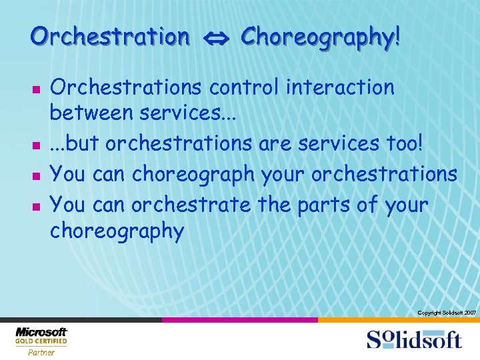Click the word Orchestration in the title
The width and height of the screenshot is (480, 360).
[109, 37]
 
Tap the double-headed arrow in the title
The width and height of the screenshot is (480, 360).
[215, 38]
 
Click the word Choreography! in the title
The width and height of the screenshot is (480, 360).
[321, 37]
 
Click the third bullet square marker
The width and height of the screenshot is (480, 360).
[37, 175]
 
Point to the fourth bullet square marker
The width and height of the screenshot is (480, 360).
[37, 205]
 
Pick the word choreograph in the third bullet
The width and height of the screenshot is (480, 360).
[193, 175]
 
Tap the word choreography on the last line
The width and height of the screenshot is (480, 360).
[117, 232]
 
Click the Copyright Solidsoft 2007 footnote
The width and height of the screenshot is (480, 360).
[446, 313]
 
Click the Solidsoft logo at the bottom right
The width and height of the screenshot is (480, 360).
[413, 339]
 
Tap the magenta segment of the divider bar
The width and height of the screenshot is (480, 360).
[239, 320]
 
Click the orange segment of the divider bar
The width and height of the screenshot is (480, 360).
[398, 320]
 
